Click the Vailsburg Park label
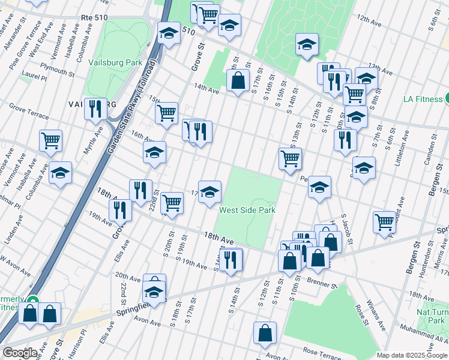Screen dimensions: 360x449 click(x=115, y=62)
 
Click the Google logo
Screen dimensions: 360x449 click(x=20, y=353)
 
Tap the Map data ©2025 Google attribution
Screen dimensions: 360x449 click(x=412, y=355)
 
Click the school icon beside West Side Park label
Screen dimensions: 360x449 click(x=209, y=191)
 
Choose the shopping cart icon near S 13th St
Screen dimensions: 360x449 click(x=290, y=159)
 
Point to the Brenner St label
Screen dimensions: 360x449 click(x=323, y=280)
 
